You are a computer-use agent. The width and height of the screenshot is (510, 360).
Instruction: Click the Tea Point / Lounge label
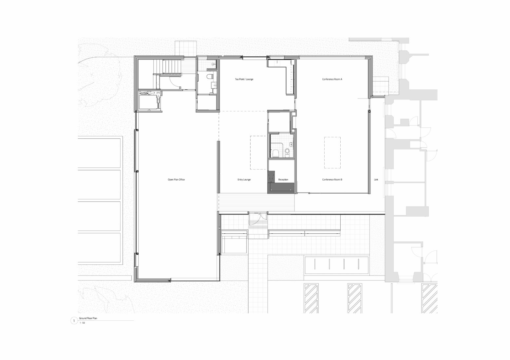click(244, 80)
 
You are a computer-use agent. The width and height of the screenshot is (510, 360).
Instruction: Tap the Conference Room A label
click(332, 80)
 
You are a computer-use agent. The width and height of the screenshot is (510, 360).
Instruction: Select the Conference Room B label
click(332, 180)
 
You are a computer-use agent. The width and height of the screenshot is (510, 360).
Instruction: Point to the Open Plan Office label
click(176, 180)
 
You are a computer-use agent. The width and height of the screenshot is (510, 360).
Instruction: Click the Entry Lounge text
click(244, 180)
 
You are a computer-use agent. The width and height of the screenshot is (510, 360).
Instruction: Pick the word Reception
click(283, 180)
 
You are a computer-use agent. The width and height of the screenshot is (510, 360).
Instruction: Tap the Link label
click(376, 180)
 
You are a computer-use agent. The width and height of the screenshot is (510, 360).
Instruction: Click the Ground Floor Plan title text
click(88, 318)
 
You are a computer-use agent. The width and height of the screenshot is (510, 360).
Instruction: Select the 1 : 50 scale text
click(82, 323)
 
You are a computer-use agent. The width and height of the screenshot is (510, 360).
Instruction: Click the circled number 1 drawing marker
click(74, 321)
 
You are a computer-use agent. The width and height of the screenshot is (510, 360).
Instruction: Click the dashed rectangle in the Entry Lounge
click(258, 153)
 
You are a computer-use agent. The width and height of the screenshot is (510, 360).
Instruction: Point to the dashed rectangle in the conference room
click(332, 153)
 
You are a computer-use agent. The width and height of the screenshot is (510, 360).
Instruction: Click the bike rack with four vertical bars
click(336, 265)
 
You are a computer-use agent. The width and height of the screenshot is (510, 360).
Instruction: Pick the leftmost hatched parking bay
click(311, 298)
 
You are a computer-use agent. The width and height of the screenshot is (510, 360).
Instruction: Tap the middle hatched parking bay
click(354, 298)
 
